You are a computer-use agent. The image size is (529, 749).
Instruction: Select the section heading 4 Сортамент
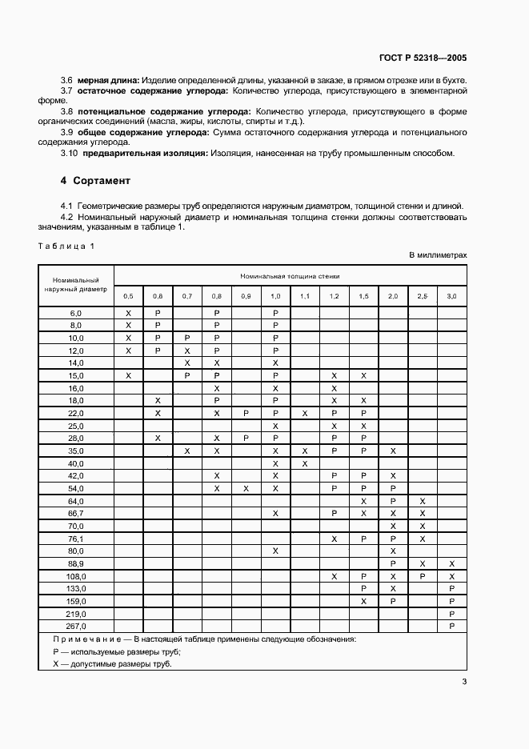pyautogui.click(x=95, y=181)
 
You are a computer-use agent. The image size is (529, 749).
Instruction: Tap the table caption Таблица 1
pyautogui.click(x=66, y=246)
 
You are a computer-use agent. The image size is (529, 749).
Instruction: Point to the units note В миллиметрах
pyautogui.click(x=438, y=255)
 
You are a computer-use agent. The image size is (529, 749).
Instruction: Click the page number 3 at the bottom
pyautogui.click(x=464, y=682)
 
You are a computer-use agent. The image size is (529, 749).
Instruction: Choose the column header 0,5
pyautogui.click(x=128, y=296)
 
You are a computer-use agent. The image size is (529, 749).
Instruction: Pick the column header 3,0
pyautogui.click(x=451, y=296)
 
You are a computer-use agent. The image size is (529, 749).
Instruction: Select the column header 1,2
pyautogui.click(x=334, y=296)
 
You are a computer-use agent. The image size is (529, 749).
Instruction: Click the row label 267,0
pyautogui.click(x=76, y=625)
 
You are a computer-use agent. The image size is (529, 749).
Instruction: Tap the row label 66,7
pyautogui.click(x=76, y=513)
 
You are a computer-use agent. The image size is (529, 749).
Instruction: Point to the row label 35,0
pyautogui.click(x=76, y=451)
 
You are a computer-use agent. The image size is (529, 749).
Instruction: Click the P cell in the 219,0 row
pyautogui.click(x=451, y=613)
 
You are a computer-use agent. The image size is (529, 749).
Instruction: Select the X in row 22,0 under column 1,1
pyautogui.click(x=304, y=413)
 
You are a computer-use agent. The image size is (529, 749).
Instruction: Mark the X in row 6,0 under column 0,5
pyautogui.click(x=128, y=313)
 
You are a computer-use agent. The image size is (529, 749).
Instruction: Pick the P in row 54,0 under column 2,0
pyautogui.click(x=393, y=488)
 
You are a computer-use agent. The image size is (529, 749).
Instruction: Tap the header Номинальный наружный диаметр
pyautogui.click(x=76, y=285)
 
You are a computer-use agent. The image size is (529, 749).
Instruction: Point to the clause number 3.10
pyautogui.click(x=70, y=154)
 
